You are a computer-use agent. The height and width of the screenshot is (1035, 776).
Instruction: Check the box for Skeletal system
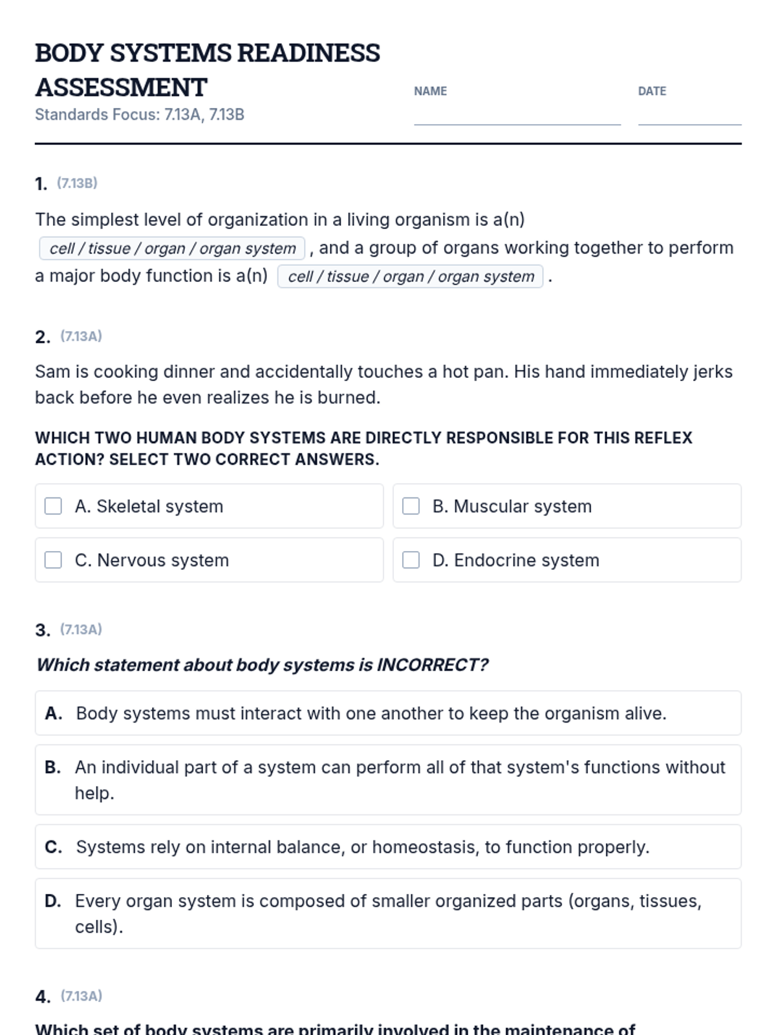[x=53, y=506]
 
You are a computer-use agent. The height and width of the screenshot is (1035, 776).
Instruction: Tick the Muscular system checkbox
[x=411, y=506]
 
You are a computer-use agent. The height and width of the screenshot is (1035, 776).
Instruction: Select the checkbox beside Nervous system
[x=53, y=560]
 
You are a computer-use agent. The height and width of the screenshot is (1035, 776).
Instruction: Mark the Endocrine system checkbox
[x=411, y=560]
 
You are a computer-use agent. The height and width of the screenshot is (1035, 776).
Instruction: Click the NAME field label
[x=430, y=91]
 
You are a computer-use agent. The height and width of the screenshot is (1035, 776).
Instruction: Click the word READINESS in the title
[x=308, y=53]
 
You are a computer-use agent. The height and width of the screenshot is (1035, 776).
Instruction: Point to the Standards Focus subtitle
[x=140, y=114]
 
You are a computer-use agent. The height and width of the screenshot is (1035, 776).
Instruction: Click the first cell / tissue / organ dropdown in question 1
[x=172, y=248]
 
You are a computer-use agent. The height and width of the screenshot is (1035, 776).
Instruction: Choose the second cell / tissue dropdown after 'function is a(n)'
[x=410, y=277]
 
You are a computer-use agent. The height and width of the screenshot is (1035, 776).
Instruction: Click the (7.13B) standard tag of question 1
[x=77, y=183]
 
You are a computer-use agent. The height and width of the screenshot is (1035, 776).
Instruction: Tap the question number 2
[x=42, y=337]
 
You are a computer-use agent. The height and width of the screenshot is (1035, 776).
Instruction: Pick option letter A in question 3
[x=53, y=714]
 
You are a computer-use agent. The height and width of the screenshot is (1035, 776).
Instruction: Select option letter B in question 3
[x=52, y=767]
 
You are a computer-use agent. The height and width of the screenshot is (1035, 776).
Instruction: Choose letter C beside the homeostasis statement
[x=53, y=847]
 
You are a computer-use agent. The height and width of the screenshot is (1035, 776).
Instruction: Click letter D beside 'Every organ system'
[x=52, y=901]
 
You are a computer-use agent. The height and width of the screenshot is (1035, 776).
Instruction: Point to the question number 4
[x=42, y=997]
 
